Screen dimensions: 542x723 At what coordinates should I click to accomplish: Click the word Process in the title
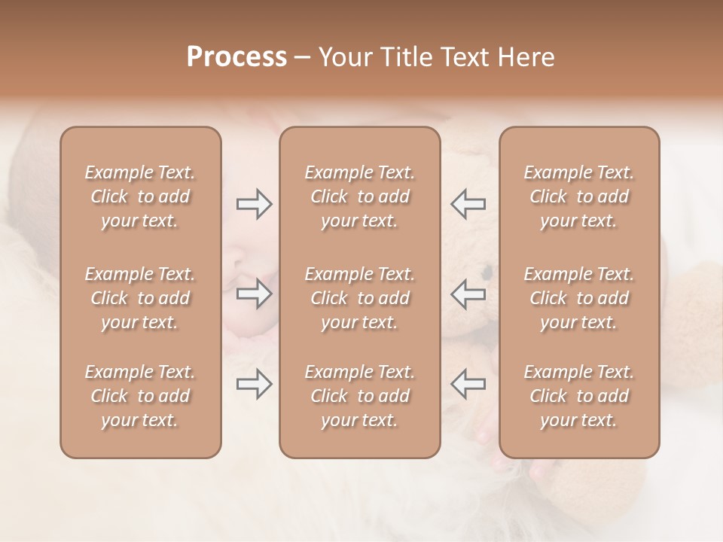click(236, 57)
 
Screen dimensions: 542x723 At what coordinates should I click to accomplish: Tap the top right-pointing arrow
click(254, 204)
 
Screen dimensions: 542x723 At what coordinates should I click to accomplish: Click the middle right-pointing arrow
click(254, 294)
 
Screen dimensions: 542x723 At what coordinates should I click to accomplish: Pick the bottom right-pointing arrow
click(254, 384)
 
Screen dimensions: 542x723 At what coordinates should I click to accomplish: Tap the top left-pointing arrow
click(468, 203)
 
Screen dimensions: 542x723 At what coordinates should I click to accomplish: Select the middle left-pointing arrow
click(468, 294)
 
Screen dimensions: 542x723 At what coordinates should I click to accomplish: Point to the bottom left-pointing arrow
click(468, 384)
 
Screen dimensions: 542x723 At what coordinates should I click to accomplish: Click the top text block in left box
click(140, 196)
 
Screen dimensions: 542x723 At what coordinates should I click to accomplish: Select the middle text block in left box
click(140, 298)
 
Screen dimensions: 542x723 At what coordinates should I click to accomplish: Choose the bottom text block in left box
click(140, 396)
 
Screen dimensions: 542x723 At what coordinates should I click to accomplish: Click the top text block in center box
click(360, 196)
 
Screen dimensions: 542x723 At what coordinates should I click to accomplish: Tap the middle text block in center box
click(360, 298)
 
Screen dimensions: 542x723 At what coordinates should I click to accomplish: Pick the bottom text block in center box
click(360, 396)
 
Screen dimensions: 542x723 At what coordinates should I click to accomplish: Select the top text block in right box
click(579, 196)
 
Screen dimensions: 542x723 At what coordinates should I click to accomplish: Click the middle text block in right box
click(579, 298)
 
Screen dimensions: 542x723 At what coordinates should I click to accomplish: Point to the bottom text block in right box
click(579, 396)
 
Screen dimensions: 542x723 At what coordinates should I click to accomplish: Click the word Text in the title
click(463, 57)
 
